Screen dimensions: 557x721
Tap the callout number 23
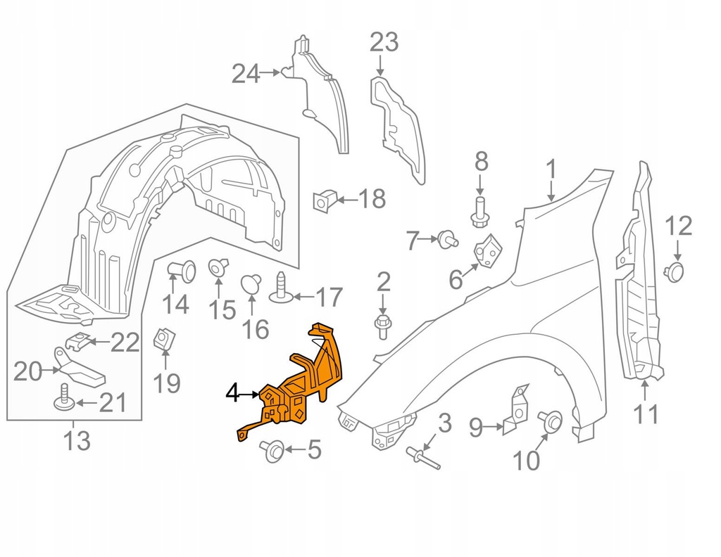384,43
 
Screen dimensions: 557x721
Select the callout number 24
246,72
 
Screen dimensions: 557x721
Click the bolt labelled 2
382,326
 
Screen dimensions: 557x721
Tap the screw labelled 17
281,288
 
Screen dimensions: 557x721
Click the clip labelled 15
218,267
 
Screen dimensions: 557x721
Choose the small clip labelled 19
164,339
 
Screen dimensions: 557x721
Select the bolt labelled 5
272,449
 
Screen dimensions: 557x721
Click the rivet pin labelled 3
422,458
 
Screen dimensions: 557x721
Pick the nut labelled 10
550,421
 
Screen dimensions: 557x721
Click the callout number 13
76,442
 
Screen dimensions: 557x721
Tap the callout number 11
646,414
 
